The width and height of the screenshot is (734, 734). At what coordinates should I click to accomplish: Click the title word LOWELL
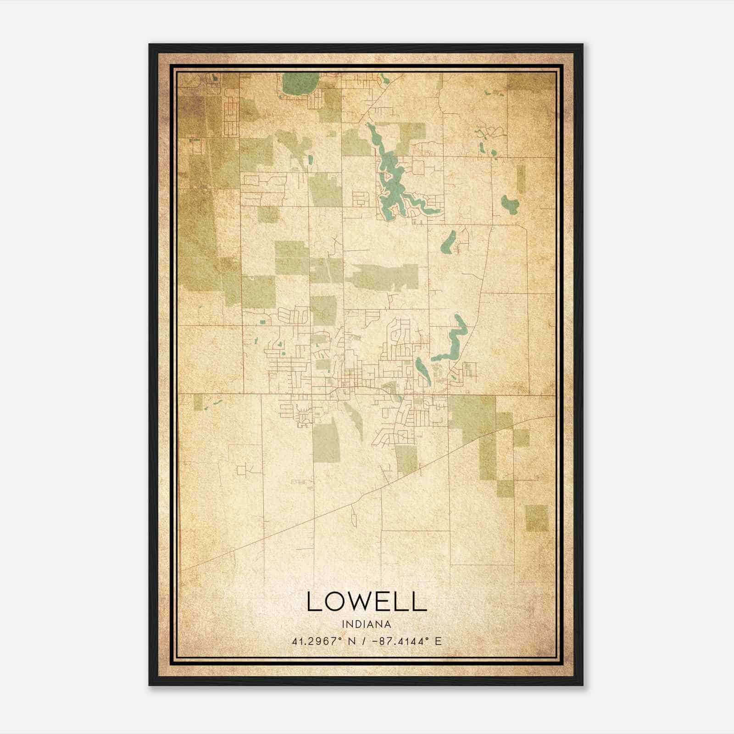(x=367, y=601)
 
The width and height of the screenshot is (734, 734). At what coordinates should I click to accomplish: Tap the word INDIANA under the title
(x=366, y=624)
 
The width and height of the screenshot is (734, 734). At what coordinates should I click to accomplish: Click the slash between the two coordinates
(x=363, y=641)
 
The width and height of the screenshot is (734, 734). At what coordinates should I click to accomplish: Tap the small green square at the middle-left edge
(x=198, y=402)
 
